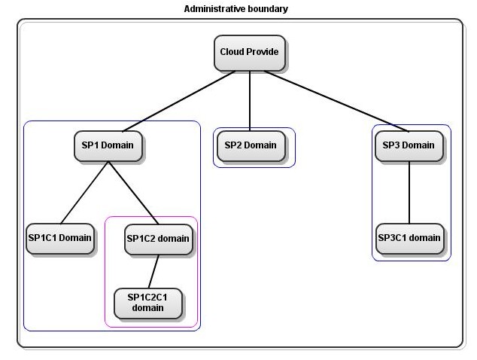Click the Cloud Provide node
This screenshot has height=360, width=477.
click(249, 53)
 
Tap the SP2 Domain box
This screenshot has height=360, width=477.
click(251, 145)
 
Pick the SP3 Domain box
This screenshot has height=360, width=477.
click(409, 145)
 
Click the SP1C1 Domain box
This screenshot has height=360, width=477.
click(59, 238)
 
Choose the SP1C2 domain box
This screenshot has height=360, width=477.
click(157, 239)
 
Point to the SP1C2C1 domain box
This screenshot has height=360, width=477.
click(147, 303)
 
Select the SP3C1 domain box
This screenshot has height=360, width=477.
click(409, 238)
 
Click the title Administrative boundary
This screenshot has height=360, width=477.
click(235, 9)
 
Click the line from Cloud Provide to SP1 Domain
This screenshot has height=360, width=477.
click(179, 101)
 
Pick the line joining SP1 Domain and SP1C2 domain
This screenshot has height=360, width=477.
click(133, 193)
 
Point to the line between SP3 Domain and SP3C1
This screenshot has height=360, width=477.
click(409, 192)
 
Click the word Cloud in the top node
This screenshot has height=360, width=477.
click(232, 53)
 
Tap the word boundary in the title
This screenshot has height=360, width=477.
click(268, 9)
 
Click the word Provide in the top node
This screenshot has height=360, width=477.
click(263, 53)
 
